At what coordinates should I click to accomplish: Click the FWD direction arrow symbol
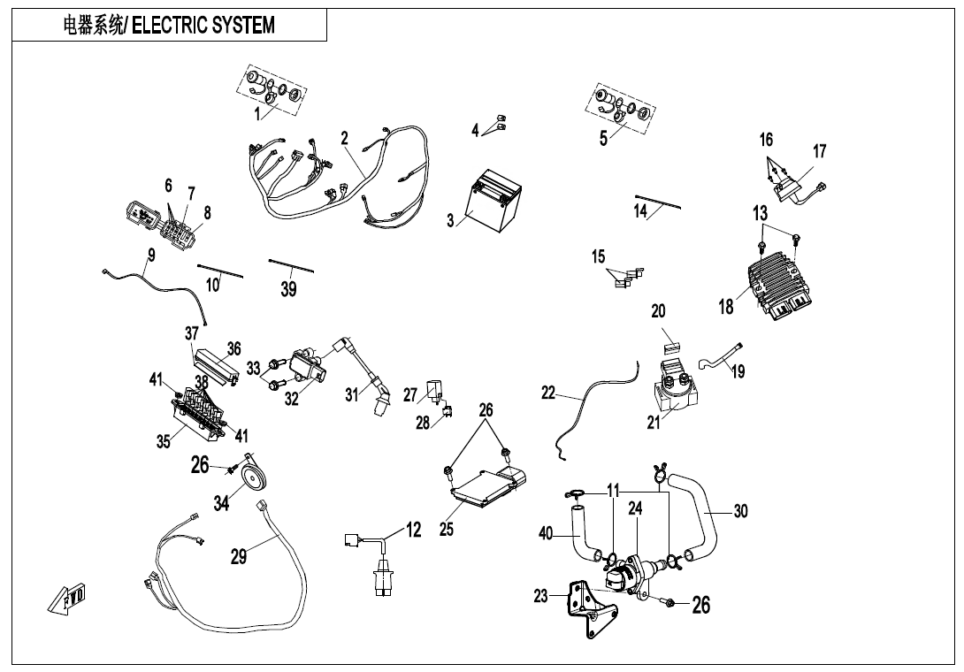(x=68, y=599)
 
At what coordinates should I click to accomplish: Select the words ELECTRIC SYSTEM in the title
(x=203, y=26)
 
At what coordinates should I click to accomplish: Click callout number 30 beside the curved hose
(x=741, y=510)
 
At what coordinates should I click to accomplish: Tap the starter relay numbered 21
(x=681, y=386)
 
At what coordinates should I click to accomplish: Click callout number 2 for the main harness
(x=345, y=138)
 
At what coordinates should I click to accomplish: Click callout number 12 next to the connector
(x=413, y=530)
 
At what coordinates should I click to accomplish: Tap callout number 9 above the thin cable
(x=151, y=255)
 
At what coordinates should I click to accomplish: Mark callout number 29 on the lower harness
(x=239, y=555)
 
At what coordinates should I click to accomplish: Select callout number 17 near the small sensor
(x=820, y=151)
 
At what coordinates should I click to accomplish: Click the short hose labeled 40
(x=581, y=535)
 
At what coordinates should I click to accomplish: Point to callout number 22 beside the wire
(x=548, y=393)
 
